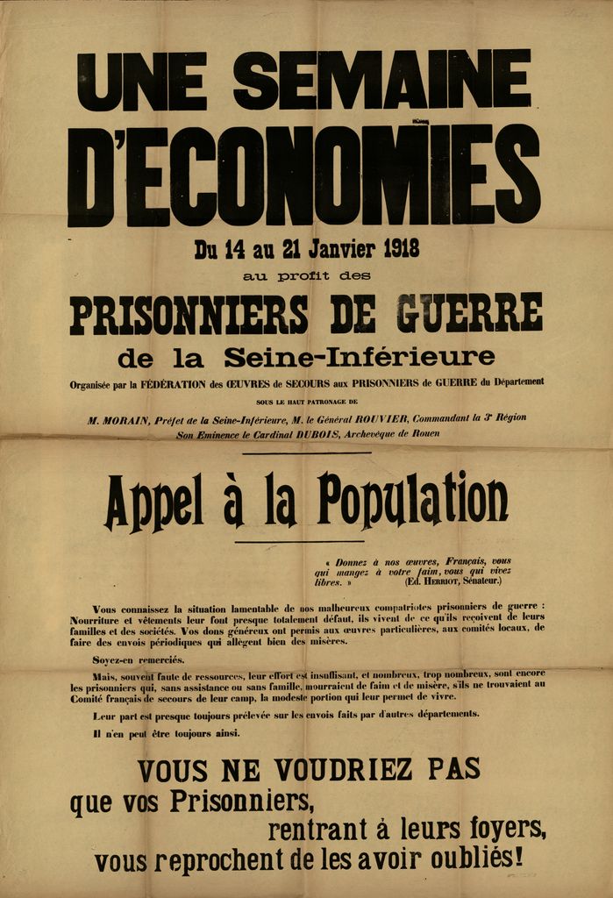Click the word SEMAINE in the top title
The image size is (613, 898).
pos(382,81)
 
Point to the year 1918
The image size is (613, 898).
pos(402,249)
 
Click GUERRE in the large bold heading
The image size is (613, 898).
pos(469,313)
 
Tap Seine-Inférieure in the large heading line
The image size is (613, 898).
pos(359,357)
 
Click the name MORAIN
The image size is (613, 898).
pos(118,419)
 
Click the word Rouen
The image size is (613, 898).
pos(422,433)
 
